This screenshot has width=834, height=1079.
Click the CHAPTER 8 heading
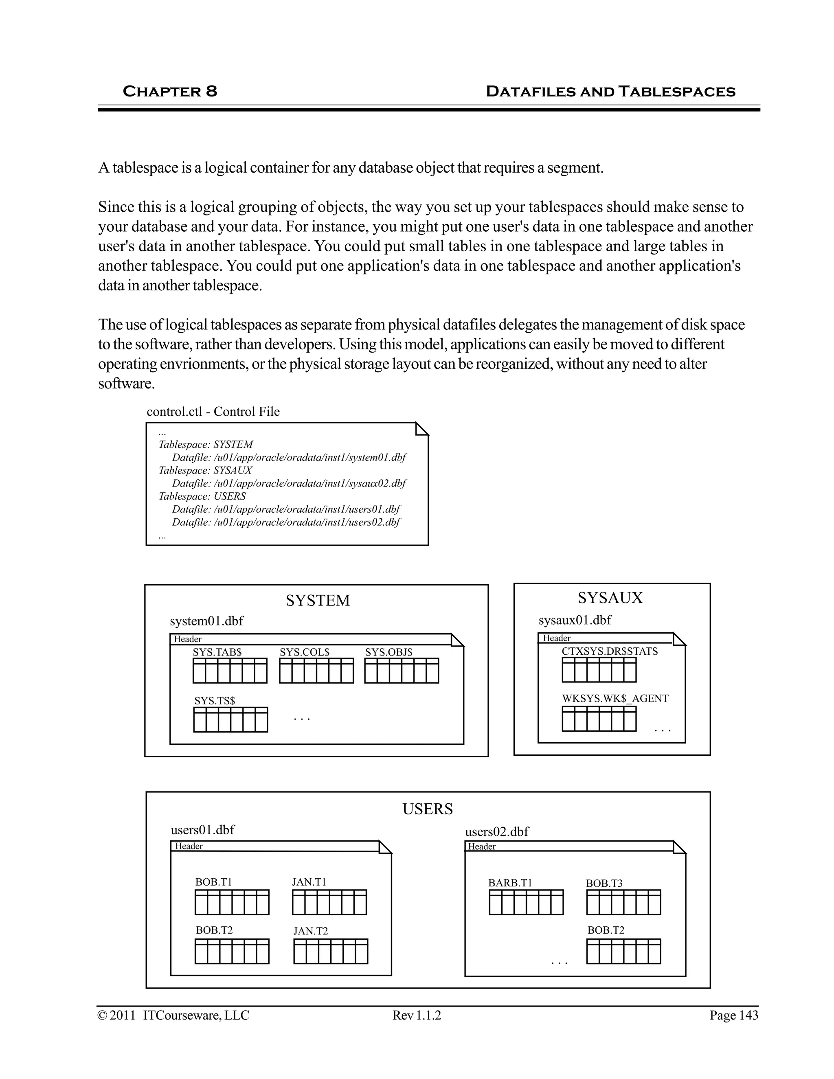click(169, 91)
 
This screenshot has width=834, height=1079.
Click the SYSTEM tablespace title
click(318, 600)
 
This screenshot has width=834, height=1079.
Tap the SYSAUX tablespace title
click(610, 598)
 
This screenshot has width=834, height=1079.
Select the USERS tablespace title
click(427, 809)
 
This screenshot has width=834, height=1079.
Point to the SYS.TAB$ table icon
click(230, 671)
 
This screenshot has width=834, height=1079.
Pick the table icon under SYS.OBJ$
click(402, 671)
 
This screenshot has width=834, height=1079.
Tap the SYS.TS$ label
click(215, 701)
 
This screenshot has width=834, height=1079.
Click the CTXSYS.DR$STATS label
click(610, 651)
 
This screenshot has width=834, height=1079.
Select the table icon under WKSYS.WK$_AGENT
click(599, 719)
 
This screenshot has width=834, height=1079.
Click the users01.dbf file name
click(202, 829)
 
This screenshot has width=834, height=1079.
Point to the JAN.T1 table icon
click(329, 902)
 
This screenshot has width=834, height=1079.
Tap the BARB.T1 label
click(510, 883)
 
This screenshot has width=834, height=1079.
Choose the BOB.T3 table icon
click(623, 902)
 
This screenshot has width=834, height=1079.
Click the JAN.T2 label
click(310, 931)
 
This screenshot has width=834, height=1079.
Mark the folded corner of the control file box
click(422, 429)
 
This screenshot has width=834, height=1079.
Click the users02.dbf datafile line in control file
click(285, 522)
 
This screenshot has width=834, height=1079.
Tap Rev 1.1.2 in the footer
click(417, 1015)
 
